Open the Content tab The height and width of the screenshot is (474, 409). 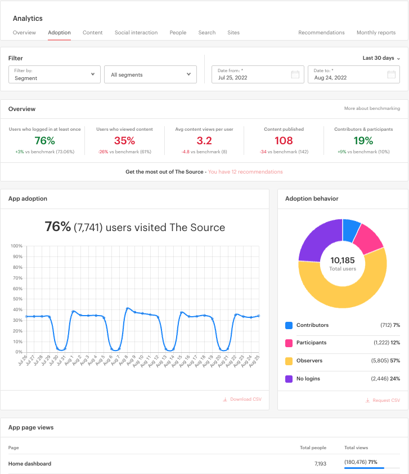[92, 33]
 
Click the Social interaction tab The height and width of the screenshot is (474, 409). [136, 33]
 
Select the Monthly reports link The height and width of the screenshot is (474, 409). [376, 33]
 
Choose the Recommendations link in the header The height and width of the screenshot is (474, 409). [321, 33]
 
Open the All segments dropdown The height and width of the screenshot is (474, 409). [150, 74]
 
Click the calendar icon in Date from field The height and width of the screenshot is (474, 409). [295, 74]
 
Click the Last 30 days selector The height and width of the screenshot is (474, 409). [381, 58]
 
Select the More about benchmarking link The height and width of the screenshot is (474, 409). [372, 108]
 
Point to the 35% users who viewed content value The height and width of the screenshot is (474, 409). [124, 140]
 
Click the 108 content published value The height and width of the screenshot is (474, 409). [284, 140]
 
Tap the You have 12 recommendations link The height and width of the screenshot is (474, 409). [245, 172]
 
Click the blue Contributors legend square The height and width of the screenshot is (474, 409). [289, 325]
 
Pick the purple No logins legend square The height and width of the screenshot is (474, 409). [289, 379]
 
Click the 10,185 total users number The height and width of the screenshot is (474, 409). [343, 260]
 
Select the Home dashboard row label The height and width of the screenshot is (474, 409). [30, 464]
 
